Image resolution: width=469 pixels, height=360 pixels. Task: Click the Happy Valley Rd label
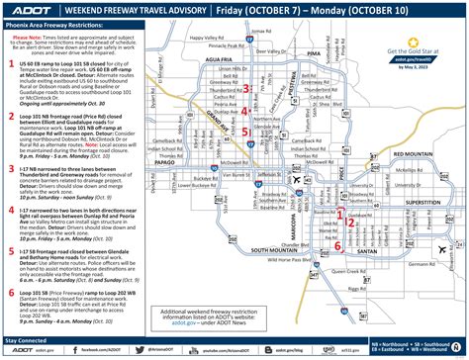click(232, 40)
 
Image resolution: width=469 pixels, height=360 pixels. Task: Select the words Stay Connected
click(27, 340)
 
